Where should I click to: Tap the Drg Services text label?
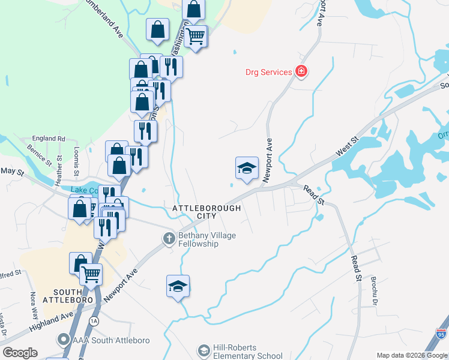point(268,73)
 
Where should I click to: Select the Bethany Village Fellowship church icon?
point(169,239)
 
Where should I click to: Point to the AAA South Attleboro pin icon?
point(63,340)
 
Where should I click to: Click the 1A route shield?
point(94,321)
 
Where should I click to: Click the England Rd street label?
point(49,139)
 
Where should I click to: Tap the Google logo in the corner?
point(20,353)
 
